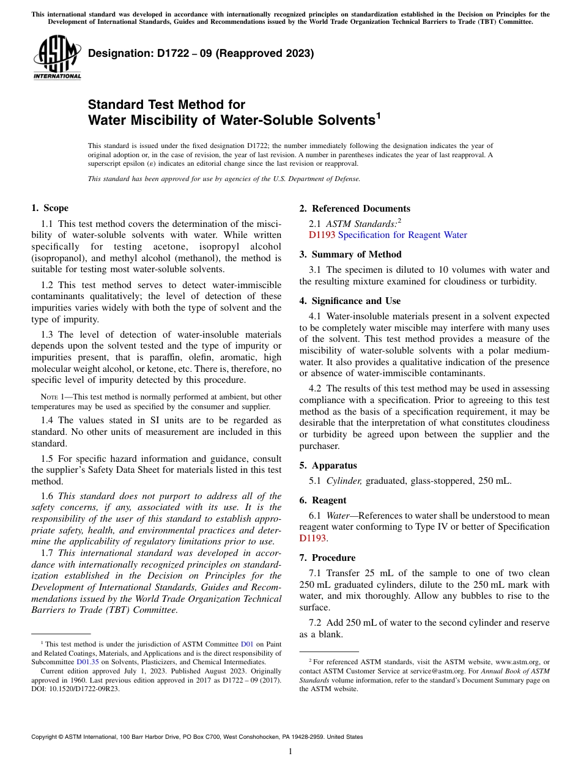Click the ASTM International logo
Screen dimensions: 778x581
(x=57, y=59)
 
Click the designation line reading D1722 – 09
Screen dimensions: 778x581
(x=201, y=54)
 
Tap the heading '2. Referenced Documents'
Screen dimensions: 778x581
(x=355, y=209)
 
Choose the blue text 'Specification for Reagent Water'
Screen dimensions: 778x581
(x=402, y=235)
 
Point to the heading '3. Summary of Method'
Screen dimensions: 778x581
(x=350, y=254)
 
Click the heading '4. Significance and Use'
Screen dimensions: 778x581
(x=350, y=301)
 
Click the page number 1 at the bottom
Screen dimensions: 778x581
(x=290, y=752)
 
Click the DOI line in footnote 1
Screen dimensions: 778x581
(x=75, y=688)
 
